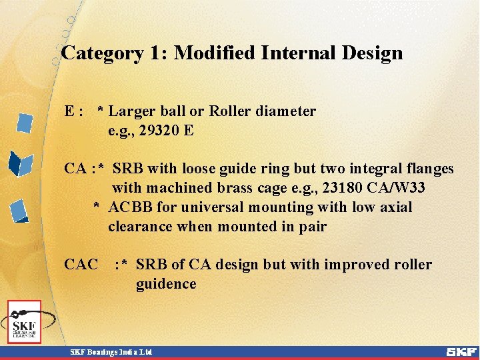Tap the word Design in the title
(371, 53)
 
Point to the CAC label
(81, 265)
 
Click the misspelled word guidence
(166, 285)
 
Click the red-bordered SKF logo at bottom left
(25, 322)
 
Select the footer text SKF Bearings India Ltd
(112, 351)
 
